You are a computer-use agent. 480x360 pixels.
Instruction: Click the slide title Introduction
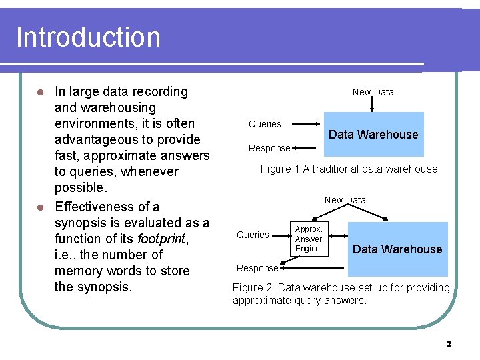point(88,37)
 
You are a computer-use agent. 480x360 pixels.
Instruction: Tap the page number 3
point(449,344)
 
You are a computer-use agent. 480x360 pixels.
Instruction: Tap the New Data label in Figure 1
point(373,92)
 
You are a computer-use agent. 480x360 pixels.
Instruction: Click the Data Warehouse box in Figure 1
point(373,134)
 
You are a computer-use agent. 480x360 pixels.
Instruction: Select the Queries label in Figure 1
point(265,124)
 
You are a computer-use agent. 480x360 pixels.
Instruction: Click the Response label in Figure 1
point(269,148)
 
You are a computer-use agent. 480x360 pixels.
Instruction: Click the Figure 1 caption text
point(349,169)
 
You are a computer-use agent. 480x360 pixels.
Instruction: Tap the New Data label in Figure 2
point(345,200)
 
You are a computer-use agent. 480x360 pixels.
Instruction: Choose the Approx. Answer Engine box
point(308,239)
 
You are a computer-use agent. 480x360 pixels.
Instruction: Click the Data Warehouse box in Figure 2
point(397,249)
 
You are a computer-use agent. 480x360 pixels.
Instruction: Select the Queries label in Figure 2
point(253,235)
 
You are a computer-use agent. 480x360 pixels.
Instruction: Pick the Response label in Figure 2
point(257,268)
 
